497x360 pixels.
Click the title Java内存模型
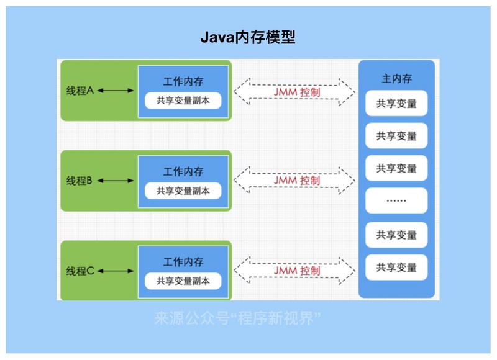tap(247, 37)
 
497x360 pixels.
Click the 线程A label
tap(80, 91)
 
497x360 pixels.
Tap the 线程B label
tap(80, 181)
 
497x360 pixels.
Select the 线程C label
tap(80, 271)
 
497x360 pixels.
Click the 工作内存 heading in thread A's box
tap(183, 81)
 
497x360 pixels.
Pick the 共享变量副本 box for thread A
tap(183, 101)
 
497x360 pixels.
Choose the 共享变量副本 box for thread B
tap(183, 191)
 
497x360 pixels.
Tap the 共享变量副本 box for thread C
tap(183, 281)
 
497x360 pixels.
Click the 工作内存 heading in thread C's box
tap(183, 261)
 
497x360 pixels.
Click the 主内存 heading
tap(396, 79)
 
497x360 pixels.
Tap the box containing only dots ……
tap(396, 201)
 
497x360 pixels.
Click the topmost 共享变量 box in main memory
tap(396, 104)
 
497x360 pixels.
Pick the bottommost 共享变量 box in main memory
tap(396, 268)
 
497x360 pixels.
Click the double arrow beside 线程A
tap(116, 91)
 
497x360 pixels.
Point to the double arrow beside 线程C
tap(116, 271)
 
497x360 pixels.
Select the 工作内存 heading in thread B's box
tap(183, 171)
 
